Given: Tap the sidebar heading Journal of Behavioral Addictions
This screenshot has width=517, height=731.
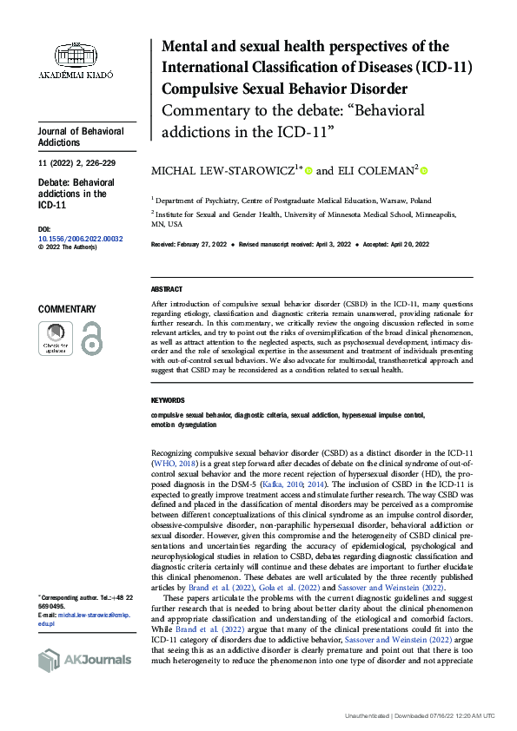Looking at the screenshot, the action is (x=81, y=137).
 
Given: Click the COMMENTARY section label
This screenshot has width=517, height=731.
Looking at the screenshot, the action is (x=67, y=309).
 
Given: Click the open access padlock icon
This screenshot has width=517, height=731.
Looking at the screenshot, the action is (x=91, y=338).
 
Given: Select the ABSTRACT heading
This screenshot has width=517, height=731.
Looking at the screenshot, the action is (x=167, y=289).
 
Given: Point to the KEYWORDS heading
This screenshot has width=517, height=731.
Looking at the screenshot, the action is (x=168, y=400).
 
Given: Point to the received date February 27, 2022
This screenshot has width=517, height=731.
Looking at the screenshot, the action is (x=202, y=246).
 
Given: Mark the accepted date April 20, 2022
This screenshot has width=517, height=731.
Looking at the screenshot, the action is (x=410, y=246).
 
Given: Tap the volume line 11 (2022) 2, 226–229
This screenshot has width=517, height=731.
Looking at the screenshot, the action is (x=79, y=163).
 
